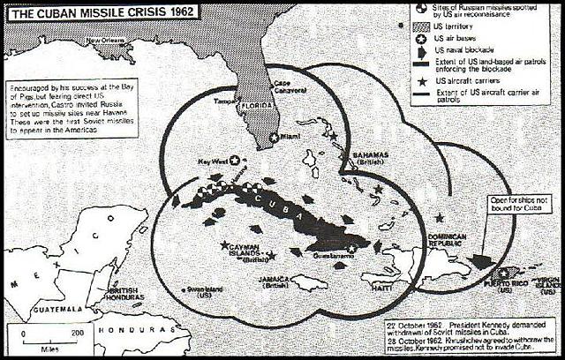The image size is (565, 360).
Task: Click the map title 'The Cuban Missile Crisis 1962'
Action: coord(98,15)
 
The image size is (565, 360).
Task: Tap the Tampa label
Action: coord(226,102)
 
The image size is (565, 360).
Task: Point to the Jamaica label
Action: coord(275,281)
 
